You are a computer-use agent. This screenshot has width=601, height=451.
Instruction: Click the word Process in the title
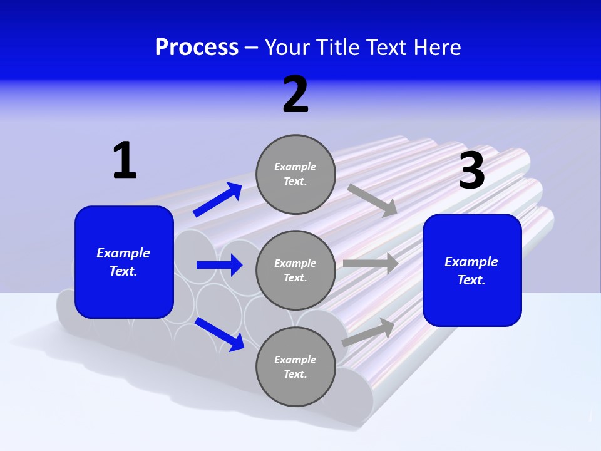(197, 48)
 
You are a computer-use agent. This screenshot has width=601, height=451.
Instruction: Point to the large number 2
(295, 95)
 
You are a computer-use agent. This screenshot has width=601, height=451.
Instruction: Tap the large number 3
(471, 170)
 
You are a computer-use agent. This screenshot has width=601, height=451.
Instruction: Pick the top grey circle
(295, 174)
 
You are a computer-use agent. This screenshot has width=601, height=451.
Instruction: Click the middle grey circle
(295, 270)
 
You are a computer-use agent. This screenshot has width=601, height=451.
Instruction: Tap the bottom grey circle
(295, 366)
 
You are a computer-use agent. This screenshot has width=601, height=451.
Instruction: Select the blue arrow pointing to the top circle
(218, 200)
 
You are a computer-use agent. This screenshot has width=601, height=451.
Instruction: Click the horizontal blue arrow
(219, 265)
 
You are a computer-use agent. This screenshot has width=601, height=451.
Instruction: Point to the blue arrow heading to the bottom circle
(220, 334)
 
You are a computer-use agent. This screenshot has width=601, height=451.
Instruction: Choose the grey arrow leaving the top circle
(372, 200)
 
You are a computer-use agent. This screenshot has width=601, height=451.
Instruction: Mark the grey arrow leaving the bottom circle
(368, 333)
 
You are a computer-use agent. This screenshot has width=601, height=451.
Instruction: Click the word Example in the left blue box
(123, 253)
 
